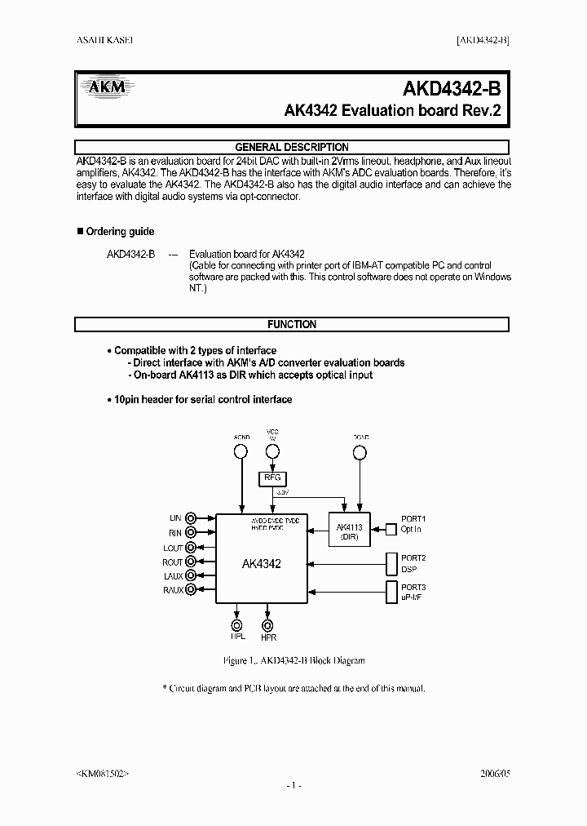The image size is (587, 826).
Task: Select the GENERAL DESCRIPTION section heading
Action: click(x=292, y=148)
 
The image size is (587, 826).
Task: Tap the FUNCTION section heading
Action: click(x=292, y=324)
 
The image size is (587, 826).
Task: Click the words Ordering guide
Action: click(x=120, y=232)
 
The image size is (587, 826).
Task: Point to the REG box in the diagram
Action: click(x=271, y=478)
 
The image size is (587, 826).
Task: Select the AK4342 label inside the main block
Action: click(x=261, y=564)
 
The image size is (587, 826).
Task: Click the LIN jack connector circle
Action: click(x=192, y=518)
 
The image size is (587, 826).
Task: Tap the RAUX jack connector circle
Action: click(x=192, y=589)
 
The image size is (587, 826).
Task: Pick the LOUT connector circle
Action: click(x=192, y=547)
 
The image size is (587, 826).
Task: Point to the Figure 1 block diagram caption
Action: click(x=293, y=660)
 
